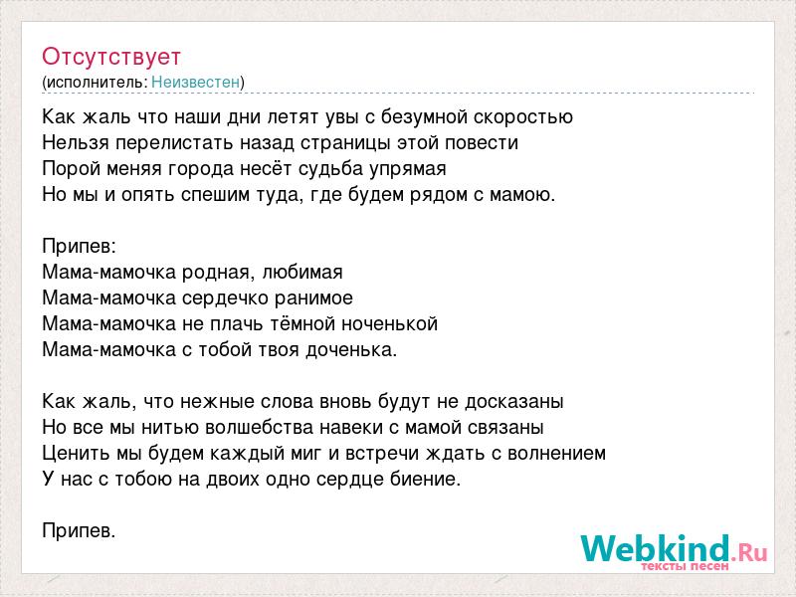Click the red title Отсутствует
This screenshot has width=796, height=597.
(x=111, y=57)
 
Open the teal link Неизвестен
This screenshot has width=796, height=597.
(x=195, y=82)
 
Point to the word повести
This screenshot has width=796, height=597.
(x=482, y=142)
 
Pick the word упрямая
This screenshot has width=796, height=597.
(x=410, y=169)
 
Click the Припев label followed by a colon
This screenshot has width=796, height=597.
(x=80, y=246)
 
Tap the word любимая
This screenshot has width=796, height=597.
(x=302, y=272)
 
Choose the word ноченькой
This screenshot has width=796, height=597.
(x=389, y=323)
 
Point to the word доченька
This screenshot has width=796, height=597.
(x=351, y=349)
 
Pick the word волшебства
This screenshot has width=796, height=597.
(x=259, y=427)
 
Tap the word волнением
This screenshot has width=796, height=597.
(x=556, y=453)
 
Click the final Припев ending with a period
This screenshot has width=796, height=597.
(x=80, y=530)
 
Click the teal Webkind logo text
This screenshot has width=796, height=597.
(x=655, y=548)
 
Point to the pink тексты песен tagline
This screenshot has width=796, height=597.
(x=685, y=565)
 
